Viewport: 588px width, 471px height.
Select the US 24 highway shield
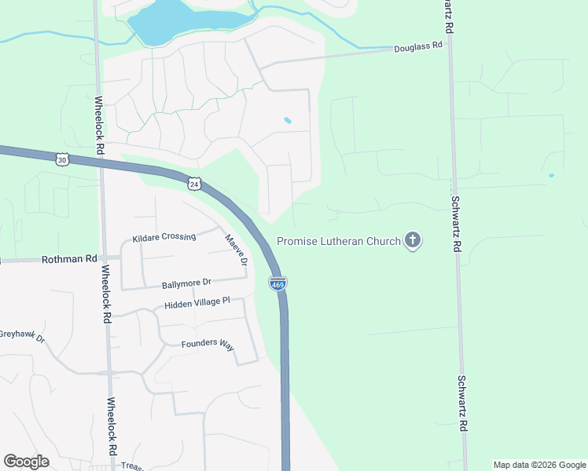[x=194, y=184]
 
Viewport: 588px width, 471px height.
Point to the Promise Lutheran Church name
[x=339, y=241]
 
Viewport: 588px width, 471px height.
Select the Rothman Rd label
[x=69, y=258]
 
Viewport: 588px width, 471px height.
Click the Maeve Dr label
[x=236, y=249]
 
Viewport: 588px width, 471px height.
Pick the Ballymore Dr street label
[x=187, y=283]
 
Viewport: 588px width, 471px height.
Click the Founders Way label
[x=208, y=344]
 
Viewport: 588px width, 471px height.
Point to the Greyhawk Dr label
[x=22, y=336]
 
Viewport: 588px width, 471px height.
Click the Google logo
[x=26, y=462]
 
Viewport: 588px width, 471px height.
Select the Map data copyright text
[x=538, y=465]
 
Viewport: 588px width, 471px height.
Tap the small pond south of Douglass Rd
[x=288, y=121]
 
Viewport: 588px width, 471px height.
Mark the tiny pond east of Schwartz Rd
[x=551, y=175]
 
